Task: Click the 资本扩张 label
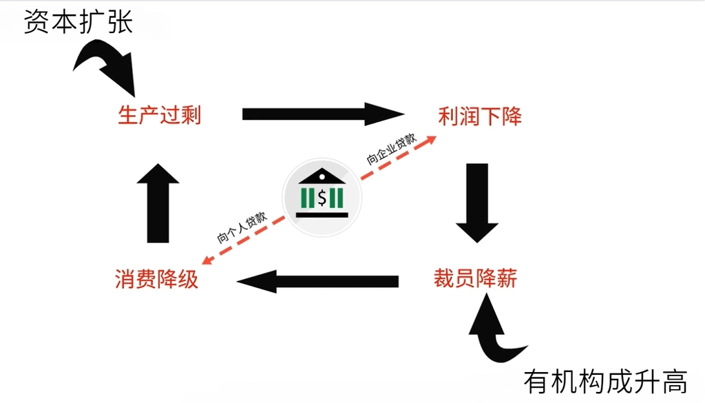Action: click(x=78, y=21)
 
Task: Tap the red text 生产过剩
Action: click(x=159, y=114)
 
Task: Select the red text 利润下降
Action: click(x=480, y=116)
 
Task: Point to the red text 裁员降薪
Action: click(x=475, y=278)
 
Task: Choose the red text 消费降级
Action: click(x=156, y=279)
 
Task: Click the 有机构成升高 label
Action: click(x=605, y=382)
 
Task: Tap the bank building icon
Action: click(x=322, y=194)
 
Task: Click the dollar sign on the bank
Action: click(x=322, y=198)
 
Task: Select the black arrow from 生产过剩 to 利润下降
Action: click(x=323, y=114)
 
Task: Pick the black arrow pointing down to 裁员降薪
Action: click(x=477, y=203)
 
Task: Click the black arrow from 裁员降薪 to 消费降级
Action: click(x=317, y=282)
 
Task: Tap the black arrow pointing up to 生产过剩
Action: click(x=158, y=203)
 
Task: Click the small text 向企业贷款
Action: click(x=391, y=149)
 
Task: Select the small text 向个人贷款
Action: click(x=242, y=227)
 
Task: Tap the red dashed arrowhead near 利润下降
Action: click(x=430, y=140)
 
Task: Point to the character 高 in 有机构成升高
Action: click(x=674, y=382)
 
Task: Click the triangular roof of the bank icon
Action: click(x=322, y=176)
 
